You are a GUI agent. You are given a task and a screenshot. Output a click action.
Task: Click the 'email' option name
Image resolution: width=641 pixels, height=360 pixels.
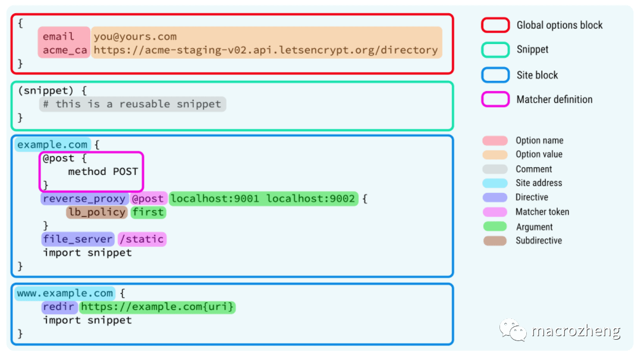58,37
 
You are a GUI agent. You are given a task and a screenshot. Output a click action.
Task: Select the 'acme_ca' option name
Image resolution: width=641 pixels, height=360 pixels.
64,50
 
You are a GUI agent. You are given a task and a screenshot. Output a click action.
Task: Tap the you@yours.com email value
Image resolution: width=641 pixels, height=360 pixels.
135,37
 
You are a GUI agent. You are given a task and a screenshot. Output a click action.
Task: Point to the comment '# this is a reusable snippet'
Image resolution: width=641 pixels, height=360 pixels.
133,104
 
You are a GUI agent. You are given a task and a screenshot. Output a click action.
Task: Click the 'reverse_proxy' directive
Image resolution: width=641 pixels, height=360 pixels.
84,199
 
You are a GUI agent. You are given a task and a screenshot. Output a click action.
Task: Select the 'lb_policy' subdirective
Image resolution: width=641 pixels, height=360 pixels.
97,212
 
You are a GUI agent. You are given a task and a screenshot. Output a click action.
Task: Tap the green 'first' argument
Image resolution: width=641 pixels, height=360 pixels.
149,212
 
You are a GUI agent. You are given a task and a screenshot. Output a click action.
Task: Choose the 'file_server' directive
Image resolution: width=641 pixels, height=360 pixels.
77,239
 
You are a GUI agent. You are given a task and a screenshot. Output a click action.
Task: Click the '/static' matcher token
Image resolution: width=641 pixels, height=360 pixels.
142,239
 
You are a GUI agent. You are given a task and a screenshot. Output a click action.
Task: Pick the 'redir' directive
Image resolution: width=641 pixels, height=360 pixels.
59,307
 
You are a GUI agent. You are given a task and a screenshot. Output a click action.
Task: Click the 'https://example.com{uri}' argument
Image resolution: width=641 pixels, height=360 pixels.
158,307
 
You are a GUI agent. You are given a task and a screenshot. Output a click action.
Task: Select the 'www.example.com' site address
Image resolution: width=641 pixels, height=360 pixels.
65,293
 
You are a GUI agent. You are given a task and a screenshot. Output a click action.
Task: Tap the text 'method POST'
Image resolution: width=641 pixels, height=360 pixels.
103,172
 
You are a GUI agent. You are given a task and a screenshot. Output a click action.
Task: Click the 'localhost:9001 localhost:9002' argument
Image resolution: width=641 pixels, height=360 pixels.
263,199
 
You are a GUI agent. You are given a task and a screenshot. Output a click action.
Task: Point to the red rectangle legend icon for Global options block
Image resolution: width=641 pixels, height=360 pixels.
495,25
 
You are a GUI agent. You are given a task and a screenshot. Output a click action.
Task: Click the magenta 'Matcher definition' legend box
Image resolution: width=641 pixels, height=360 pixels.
495,99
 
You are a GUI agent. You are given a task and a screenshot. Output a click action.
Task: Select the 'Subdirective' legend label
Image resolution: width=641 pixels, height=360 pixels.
538,241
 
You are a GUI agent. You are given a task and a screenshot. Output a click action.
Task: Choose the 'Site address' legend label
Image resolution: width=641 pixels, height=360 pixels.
538,183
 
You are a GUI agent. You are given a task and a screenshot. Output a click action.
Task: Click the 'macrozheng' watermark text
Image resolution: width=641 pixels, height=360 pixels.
576,331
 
